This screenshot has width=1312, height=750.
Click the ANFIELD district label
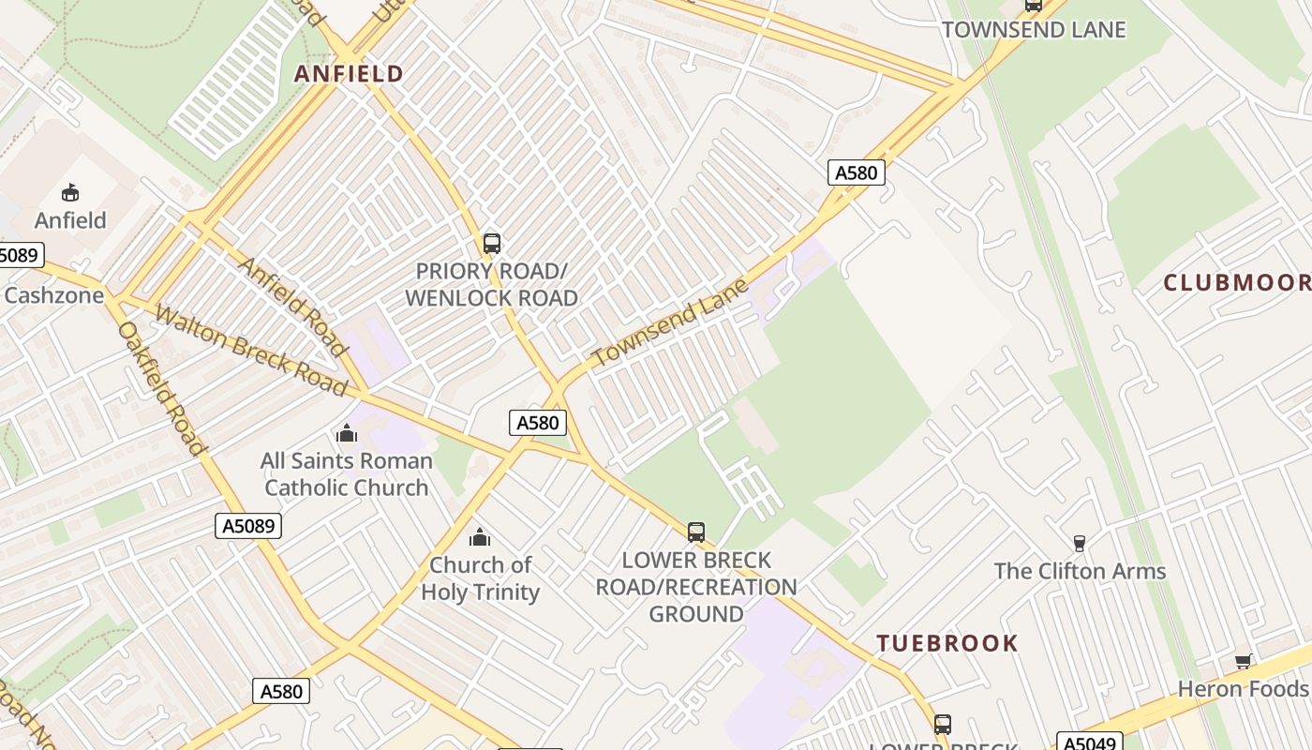tap(349, 73)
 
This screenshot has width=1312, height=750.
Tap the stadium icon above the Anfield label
tap(70, 193)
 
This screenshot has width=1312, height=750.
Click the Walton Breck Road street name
tap(250, 350)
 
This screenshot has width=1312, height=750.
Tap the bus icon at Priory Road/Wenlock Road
tap(492, 244)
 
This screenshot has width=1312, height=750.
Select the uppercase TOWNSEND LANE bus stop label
tap(1034, 29)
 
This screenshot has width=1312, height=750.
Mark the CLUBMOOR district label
tap(1236, 282)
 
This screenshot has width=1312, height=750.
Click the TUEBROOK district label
tap(947, 643)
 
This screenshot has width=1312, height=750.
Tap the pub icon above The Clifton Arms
tap(1080, 543)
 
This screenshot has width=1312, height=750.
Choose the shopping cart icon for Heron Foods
tap(1244, 661)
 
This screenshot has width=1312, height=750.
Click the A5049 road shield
tap(1089, 742)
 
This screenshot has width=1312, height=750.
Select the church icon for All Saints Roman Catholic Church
tap(347, 433)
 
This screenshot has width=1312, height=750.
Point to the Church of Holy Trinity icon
tap(480, 537)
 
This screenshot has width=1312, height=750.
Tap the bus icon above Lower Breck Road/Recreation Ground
tap(696, 532)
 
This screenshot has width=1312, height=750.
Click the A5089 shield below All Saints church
tap(249, 526)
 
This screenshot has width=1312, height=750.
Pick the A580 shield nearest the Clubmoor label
tap(857, 172)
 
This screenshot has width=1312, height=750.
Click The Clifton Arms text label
tap(1080, 571)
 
